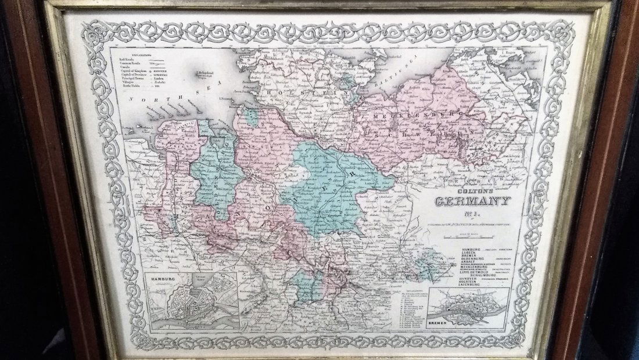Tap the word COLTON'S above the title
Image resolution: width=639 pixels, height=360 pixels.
(469, 190)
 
